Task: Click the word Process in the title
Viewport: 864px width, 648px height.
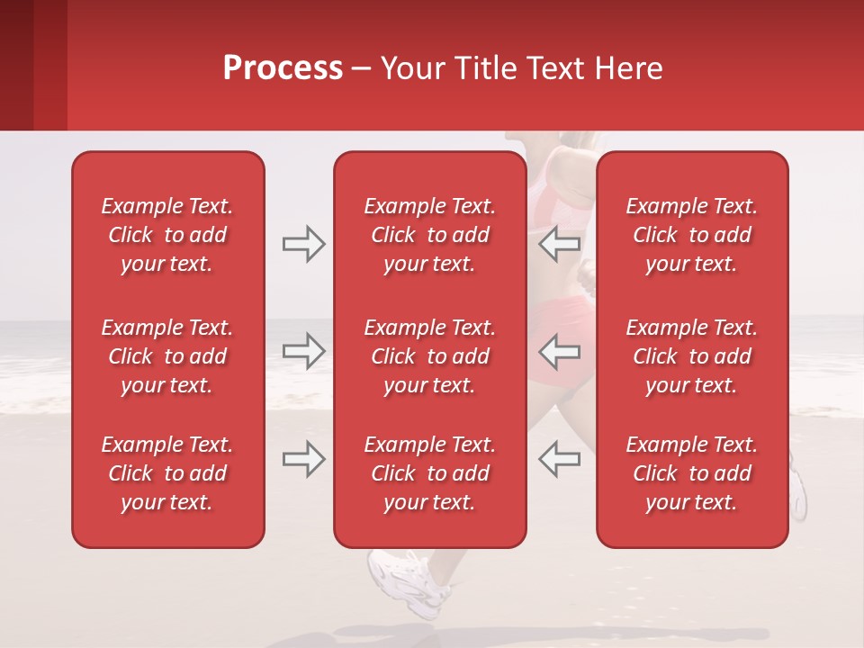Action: tap(283, 68)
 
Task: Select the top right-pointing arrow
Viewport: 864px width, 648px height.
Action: tap(304, 244)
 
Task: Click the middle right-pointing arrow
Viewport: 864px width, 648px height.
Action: tap(304, 351)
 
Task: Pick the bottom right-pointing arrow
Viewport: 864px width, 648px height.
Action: tap(304, 459)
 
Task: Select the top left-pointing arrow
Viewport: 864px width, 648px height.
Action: tap(560, 244)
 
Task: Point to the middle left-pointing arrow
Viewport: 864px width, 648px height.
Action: tap(560, 351)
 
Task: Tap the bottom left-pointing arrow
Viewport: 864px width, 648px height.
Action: tap(560, 459)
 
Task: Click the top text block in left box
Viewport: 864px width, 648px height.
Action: tap(167, 235)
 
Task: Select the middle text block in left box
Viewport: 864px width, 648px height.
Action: tap(167, 356)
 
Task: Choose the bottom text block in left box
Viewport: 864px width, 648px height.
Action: tap(167, 473)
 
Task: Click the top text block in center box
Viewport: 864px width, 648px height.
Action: tap(430, 235)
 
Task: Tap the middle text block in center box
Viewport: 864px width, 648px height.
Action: tap(430, 356)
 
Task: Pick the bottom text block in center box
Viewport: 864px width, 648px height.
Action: tap(430, 473)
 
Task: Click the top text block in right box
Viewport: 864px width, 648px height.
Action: tap(692, 235)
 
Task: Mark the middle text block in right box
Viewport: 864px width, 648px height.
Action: tap(692, 356)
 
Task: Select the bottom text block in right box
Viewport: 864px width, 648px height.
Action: tap(692, 473)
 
